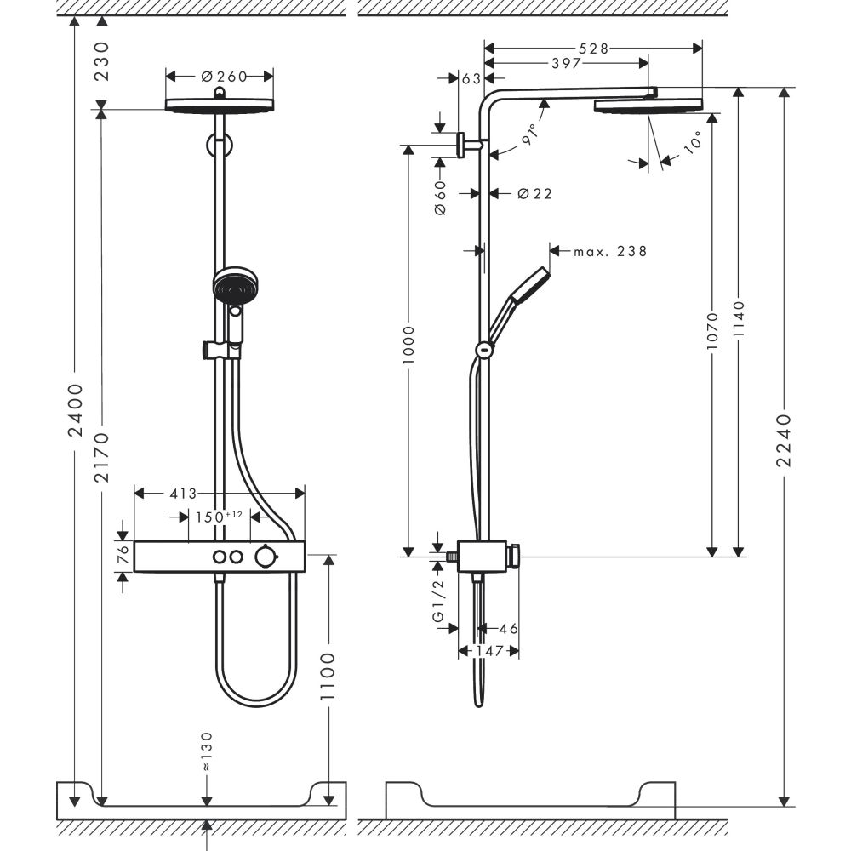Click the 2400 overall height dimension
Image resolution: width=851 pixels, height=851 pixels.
tap(76, 410)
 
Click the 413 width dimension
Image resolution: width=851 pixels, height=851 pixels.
tap(183, 493)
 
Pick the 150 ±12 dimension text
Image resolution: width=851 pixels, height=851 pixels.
tap(219, 517)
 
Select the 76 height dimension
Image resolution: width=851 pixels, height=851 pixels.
tap(123, 554)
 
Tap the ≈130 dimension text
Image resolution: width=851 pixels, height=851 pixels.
tap(207, 751)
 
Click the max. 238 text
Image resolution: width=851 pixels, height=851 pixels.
tap(609, 251)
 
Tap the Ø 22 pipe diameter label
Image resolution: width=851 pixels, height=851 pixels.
tap(534, 194)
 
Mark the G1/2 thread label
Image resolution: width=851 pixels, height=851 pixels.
tap(440, 605)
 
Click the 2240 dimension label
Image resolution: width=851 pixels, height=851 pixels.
tap(785, 440)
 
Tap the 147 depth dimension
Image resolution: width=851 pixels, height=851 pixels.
tap(488, 651)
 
